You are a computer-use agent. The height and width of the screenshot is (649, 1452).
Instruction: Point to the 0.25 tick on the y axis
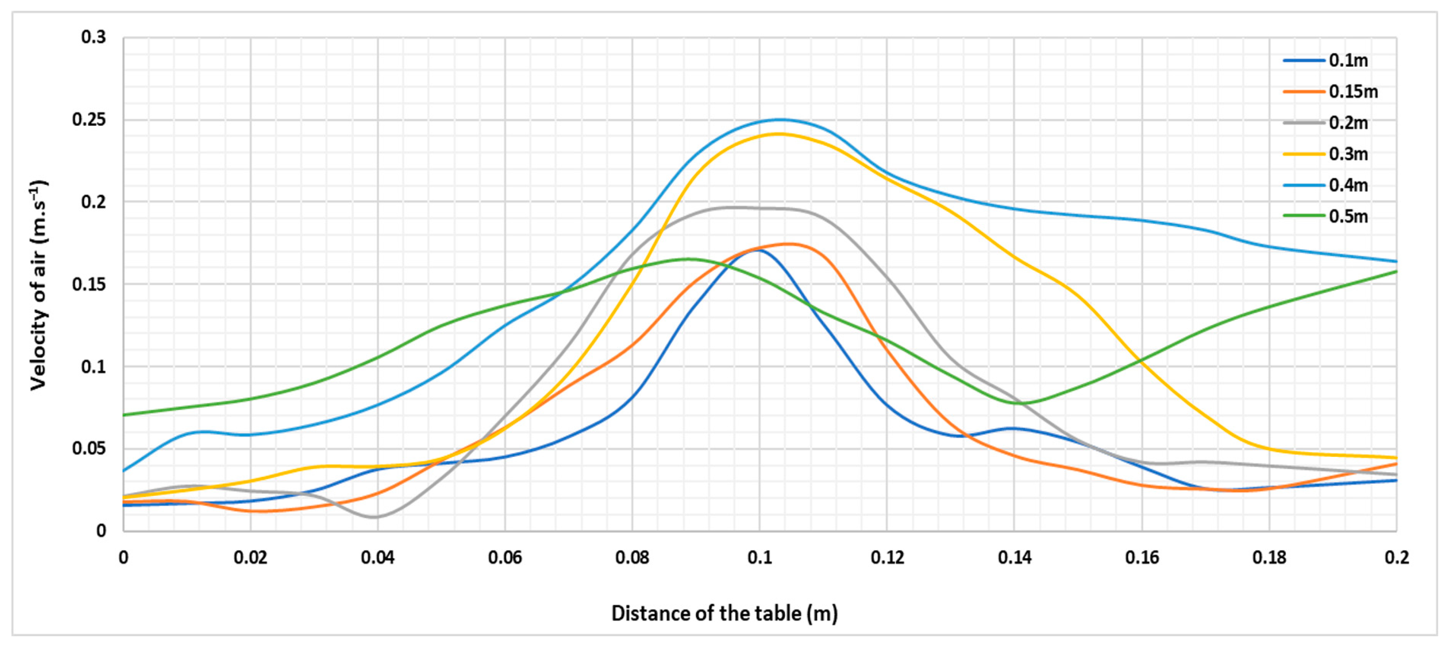pos(89,119)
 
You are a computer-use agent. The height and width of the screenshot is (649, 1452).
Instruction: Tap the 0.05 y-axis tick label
pos(89,448)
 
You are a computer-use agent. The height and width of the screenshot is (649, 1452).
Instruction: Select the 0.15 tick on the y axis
pos(89,284)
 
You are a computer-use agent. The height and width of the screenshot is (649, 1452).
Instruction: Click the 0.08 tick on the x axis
pos(632,558)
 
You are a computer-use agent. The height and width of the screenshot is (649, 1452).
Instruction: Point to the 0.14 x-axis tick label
pos(1014,558)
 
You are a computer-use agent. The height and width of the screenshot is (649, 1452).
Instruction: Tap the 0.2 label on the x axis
pos(1396,558)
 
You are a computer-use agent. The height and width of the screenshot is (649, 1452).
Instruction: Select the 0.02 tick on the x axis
pos(250,558)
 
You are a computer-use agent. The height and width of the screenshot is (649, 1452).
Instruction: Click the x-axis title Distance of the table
pos(725,613)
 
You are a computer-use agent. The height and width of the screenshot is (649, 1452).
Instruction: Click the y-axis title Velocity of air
pos(38,284)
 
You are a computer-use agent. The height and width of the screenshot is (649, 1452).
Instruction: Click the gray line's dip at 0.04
pos(375,517)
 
